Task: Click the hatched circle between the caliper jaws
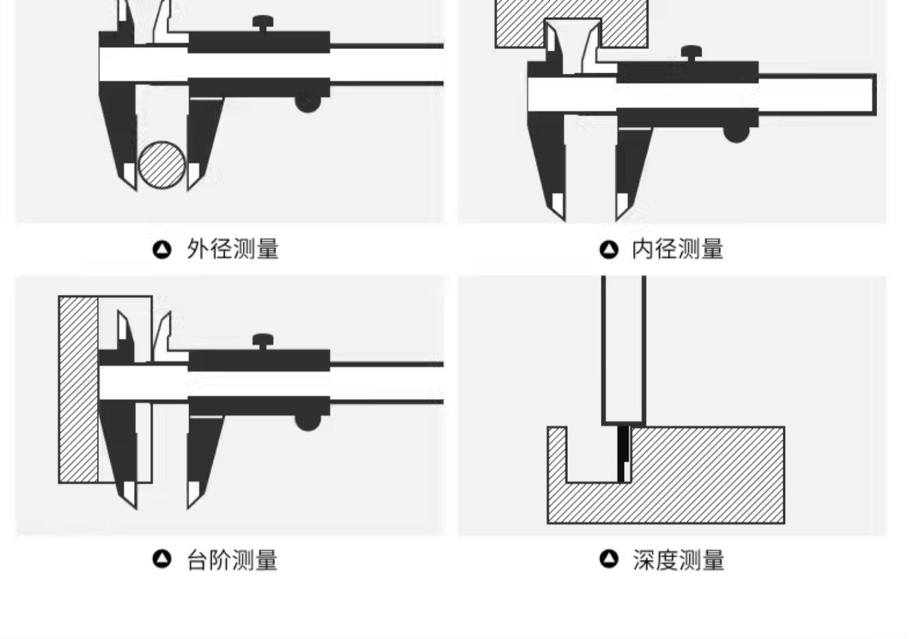pos(162,165)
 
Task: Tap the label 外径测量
pos(232,249)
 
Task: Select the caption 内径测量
pos(678,249)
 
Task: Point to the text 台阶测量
pos(232,560)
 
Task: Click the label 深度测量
pos(678,560)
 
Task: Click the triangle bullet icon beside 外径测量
pos(162,250)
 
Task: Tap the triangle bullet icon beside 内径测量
pos(609,250)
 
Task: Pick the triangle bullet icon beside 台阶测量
pos(162,559)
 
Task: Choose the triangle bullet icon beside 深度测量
pos(609,559)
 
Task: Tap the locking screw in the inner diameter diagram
pos(691,52)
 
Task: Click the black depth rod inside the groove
pos(623,453)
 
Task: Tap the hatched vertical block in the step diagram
pos(78,389)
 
